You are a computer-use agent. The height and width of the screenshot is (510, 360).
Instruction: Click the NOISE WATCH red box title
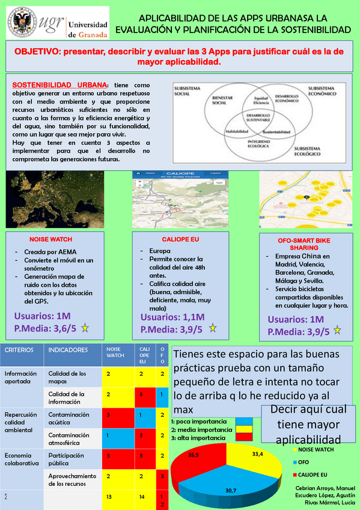(50, 238)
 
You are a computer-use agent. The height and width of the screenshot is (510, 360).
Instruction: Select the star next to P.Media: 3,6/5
(85, 328)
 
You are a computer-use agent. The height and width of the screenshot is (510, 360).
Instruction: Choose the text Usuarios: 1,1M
(172, 317)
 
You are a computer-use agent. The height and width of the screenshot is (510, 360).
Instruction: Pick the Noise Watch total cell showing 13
(108, 497)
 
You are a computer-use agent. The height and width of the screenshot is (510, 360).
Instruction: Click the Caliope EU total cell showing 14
(141, 497)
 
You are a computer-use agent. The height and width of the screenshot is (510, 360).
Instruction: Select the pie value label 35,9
(194, 455)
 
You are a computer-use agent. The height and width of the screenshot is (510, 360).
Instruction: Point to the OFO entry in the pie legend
(304, 462)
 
